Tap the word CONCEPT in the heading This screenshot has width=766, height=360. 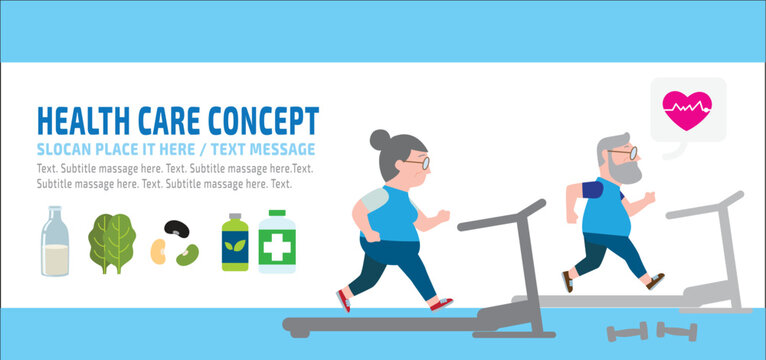pyautogui.click(x=263, y=120)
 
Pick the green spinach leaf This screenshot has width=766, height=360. pyautogui.click(x=111, y=243)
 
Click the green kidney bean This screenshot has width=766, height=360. pyautogui.click(x=187, y=255)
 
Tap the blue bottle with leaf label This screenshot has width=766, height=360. pyautogui.click(x=234, y=242)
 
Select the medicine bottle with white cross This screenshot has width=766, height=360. pyautogui.click(x=277, y=242)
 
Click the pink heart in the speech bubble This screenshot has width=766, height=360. pyautogui.click(x=687, y=107)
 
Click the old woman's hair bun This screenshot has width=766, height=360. pyautogui.click(x=381, y=140)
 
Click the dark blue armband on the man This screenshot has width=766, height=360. pyautogui.click(x=592, y=189)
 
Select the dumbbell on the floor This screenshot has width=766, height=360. pyautogui.click(x=678, y=330)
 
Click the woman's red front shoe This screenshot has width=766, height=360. pyautogui.click(x=441, y=303)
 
